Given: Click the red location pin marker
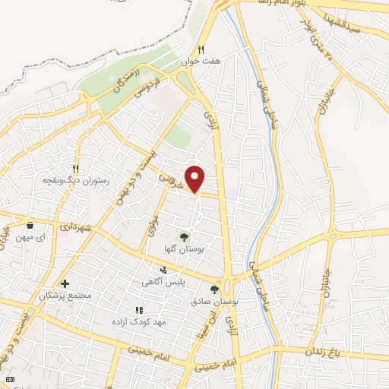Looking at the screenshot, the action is (196, 178).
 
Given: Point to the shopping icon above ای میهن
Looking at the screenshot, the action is (30, 226).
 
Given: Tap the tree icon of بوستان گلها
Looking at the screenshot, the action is (184, 236).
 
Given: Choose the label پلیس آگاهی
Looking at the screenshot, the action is (163, 282).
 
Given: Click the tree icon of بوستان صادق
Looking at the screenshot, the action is (214, 289).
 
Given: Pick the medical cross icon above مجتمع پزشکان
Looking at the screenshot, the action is (65, 283).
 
